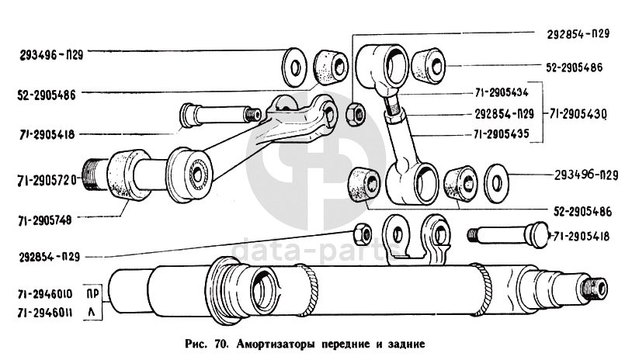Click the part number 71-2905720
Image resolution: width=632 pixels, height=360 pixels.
[x=45, y=181]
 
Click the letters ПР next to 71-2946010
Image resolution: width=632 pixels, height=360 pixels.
[x=93, y=293]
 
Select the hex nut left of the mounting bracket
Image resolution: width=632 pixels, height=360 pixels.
[x=363, y=232]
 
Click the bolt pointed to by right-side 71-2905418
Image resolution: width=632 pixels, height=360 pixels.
[x=505, y=234]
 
